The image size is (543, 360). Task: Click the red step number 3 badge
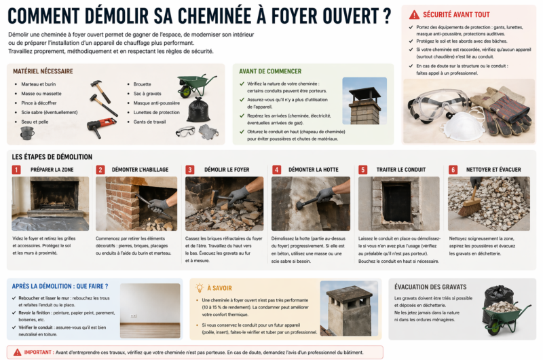(x=190, y=169)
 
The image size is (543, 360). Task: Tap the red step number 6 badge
(x=453, y=169)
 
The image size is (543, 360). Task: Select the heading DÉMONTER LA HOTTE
(x=314, y=169)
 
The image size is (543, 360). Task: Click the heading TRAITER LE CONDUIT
(x=401, y=169)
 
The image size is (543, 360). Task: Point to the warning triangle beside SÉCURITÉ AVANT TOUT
(x=414, y=15)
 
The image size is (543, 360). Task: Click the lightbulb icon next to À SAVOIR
(x=200, y=288)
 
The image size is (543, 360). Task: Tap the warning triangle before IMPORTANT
(x=18, y=353)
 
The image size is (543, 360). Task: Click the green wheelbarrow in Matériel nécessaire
(x=195, y=85)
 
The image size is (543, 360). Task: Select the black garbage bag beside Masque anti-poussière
(x=198, y=109)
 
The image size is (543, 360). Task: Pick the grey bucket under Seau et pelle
(x=27, y=132)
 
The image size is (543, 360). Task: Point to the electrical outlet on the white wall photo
(x=133, y=316)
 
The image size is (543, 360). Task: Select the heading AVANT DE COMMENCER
(x=270, y=71)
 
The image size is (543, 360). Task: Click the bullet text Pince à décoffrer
(x=39, y=103)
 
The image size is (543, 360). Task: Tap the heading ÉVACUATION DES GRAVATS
(x=430, y=287)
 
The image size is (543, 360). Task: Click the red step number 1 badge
(x=16, y=169)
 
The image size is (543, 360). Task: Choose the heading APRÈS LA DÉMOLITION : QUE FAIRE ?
(x=60, y=286)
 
